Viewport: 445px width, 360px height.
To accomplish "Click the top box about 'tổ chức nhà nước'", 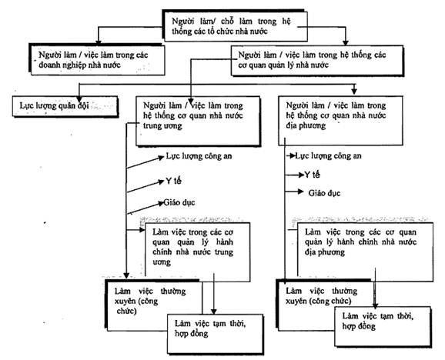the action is coord(235,25).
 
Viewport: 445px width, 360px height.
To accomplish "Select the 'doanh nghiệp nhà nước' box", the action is coord(97,59).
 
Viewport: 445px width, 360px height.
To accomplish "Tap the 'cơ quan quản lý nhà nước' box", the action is coord(317,60).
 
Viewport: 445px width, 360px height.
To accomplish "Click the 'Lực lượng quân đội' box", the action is coord(65,107).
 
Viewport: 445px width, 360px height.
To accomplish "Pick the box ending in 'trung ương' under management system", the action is coord(198,121).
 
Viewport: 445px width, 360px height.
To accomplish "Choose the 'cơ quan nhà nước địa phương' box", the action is coord(340,121).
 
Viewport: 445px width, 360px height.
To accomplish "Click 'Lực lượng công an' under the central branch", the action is coord(199,156).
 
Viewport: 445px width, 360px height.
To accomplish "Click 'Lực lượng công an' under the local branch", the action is coord(328,155).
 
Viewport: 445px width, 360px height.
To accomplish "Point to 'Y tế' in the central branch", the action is coord(173,181).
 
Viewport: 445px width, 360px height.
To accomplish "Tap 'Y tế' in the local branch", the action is coord(312,175).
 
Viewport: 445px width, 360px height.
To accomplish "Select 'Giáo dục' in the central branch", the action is coord(179,202).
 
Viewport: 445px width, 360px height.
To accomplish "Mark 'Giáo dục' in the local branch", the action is coord(324,193).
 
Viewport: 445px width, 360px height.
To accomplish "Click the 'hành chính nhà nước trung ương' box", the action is coord(198,252).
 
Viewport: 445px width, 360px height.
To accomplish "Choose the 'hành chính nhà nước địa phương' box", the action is coord(365,252).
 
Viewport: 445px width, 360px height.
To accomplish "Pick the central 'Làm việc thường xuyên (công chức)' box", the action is coord(154,305).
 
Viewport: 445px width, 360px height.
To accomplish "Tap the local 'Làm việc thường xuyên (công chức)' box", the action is coord(324,305).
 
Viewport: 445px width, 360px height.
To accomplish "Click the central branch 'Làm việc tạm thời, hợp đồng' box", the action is coord(216,334).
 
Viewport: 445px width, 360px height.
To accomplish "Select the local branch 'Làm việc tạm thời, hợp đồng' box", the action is coord(383,327).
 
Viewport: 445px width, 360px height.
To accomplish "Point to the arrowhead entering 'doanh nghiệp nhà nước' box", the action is coord(99,42).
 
